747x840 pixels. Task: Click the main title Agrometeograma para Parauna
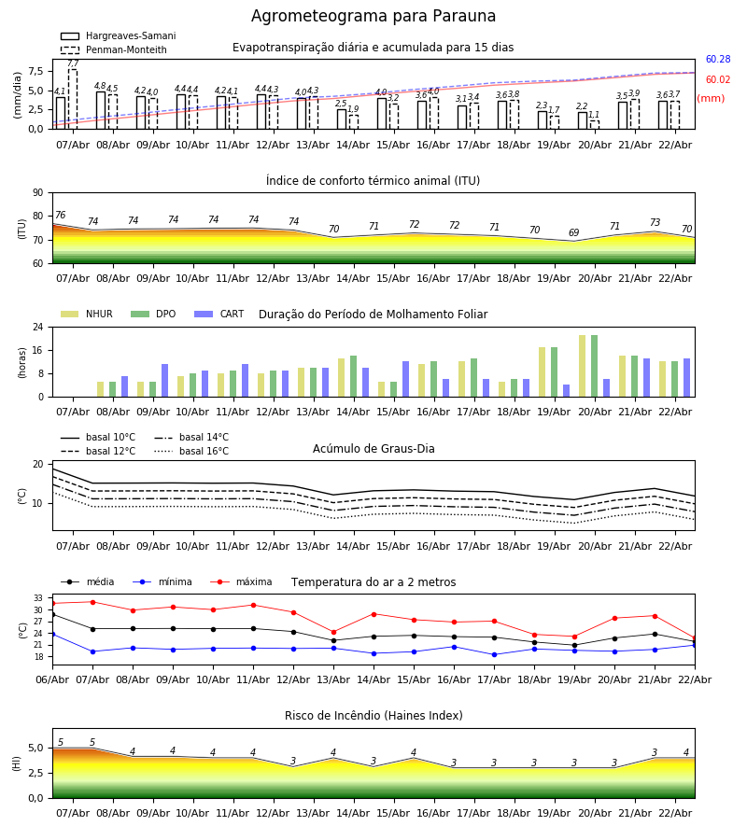click(373, 17)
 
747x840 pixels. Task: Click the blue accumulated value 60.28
click(717, 60)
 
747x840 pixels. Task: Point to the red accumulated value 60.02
click(717, 80)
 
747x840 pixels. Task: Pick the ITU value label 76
click(60, 216)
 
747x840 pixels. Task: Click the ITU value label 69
click(574, 233)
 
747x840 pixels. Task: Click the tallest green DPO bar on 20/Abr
click(594, 366)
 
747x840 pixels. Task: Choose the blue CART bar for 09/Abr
click(165, 381)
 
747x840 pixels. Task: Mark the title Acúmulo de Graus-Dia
click(373, 449)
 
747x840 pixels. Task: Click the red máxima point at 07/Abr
click(92, 602)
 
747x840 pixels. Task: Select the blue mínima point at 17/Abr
click(494, 654)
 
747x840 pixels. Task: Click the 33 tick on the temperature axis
click(38, 598)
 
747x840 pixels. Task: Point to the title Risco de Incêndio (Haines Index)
click(373, 716)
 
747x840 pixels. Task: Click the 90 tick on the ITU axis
click(38, 193)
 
